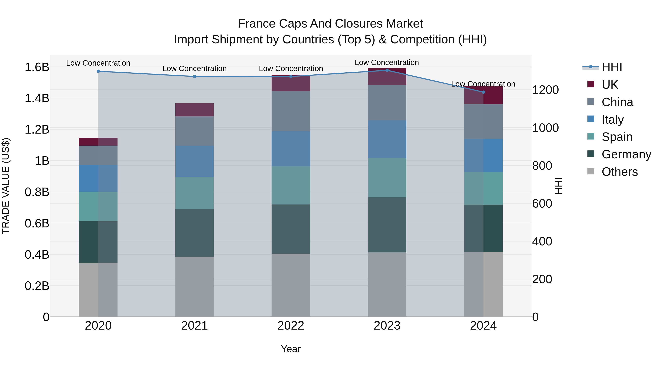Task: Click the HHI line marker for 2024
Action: click(x=483, y=92)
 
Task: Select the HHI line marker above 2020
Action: click(x=98, y=71)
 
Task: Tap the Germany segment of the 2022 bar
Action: click(x=291, y=229)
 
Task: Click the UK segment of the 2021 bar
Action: click(x=194, y=110)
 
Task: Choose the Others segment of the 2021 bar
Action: click(x=194, y=287)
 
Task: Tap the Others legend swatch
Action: click(x=590, y=171)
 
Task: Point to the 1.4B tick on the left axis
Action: click(x=37, y=98)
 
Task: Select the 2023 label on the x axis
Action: click(x=387, y=326)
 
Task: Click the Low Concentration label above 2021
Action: click(x=194, y=69)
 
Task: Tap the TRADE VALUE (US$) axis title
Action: click(x=6, y=186)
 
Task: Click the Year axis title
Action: click(x=290, y=349)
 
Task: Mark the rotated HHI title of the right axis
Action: click(x=559, y=186)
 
